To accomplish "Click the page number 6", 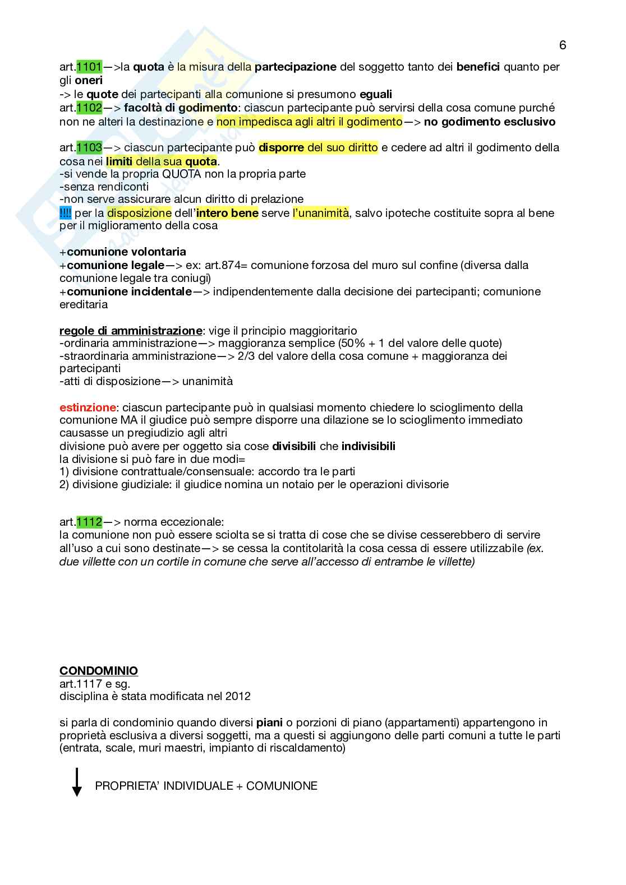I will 563,45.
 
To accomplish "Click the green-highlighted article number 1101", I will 89,67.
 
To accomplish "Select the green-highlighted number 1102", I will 89,108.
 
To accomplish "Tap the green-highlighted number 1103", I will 89,148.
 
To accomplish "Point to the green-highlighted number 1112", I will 89,522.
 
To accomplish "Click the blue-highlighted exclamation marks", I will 65,214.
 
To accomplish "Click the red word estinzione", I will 88,407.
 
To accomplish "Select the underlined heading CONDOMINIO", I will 99,671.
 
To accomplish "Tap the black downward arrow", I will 77,782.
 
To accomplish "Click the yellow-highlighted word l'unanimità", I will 320,214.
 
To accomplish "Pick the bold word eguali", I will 376,94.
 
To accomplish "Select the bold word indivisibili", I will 368,447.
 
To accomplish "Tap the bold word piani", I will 269,722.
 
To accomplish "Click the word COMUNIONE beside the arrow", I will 282,786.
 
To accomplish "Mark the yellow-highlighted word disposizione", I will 139,214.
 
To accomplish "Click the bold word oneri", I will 89,81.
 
